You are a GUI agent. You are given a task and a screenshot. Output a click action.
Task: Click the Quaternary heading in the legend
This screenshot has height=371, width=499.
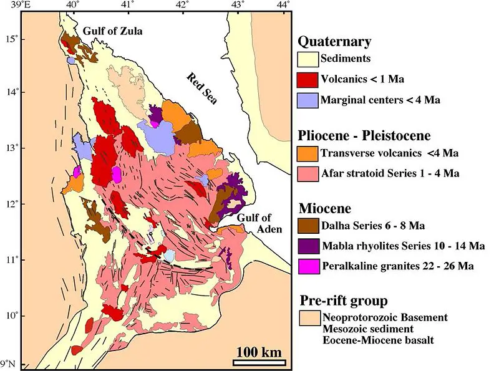(334, 42)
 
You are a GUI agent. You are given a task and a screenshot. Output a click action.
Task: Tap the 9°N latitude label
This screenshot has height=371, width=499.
(9, 364)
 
